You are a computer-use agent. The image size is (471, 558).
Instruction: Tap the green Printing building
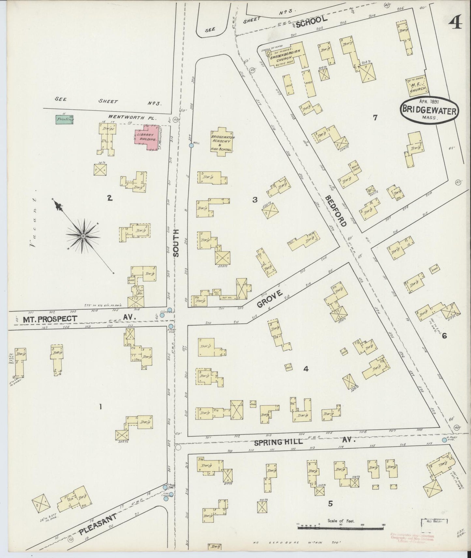[64, 119]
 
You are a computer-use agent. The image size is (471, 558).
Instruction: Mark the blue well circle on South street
[191, 146]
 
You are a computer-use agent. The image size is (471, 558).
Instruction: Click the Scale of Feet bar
[341, 527]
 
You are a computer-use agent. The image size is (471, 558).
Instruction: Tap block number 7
[375, 118]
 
